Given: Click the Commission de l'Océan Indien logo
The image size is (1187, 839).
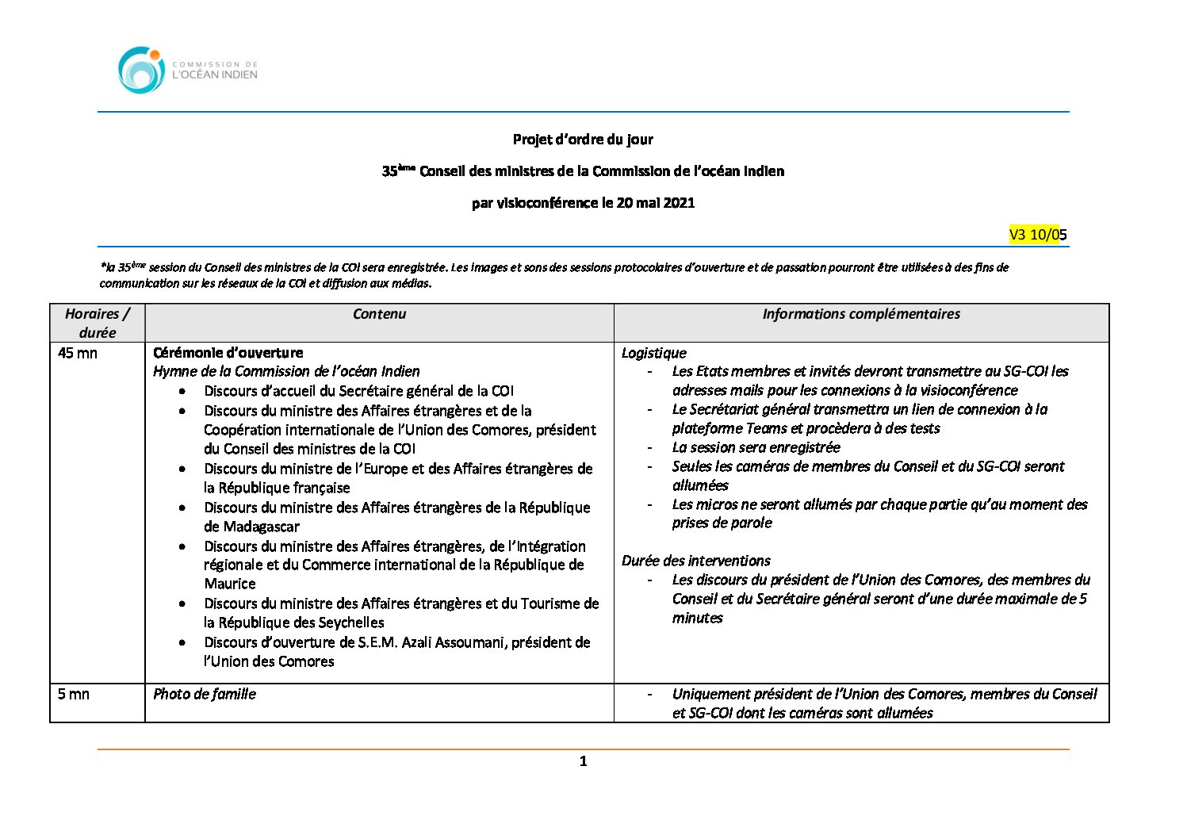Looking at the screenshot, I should [188, 70].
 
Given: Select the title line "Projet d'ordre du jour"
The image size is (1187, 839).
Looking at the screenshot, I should [583, 140].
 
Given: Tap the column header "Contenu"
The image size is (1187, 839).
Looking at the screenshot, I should [379, 314].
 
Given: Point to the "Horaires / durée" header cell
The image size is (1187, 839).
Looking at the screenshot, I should [97, 323].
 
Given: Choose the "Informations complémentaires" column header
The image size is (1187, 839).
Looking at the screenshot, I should [861, 314].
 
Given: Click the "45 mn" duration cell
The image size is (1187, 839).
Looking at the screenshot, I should [78, 353].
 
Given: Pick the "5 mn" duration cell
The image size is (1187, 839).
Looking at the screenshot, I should [74, 694].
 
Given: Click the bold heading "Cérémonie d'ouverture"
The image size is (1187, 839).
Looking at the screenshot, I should [228, 353].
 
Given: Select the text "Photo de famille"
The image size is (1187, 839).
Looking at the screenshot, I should [205, 694].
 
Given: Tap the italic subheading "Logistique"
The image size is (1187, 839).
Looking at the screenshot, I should [653, 353].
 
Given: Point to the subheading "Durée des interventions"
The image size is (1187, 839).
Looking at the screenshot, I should [695, 561].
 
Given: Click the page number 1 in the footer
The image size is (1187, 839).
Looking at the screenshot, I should [584, 761].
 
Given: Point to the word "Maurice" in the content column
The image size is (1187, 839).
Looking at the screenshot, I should [230, 584].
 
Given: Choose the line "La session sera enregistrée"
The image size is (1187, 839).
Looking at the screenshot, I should [756, 447].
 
